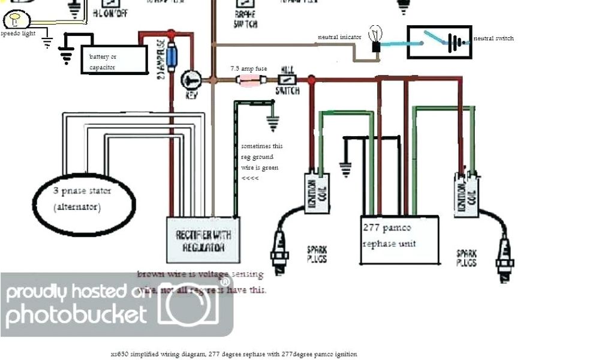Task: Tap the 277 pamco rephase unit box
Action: click(400, 239)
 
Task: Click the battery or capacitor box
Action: click(114, 61)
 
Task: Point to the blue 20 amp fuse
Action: click(174, 57)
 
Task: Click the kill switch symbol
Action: click(287, 79)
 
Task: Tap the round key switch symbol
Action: click(191, 80)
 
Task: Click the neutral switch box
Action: click(439, 42)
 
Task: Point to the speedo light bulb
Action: click(14, 22)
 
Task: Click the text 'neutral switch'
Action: click(493, 38)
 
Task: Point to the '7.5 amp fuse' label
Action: click(249, 69)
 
